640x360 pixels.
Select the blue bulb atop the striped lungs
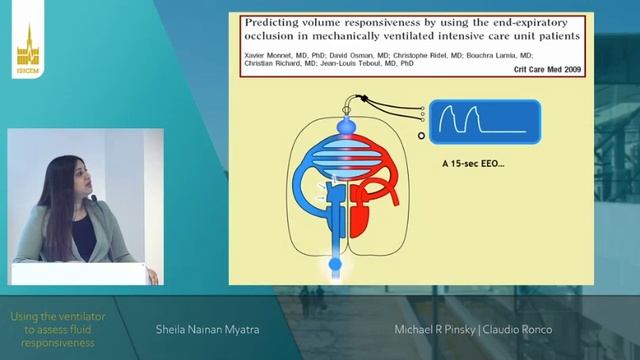[x=346, y=128]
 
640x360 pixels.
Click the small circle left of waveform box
[x=422, y=135]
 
